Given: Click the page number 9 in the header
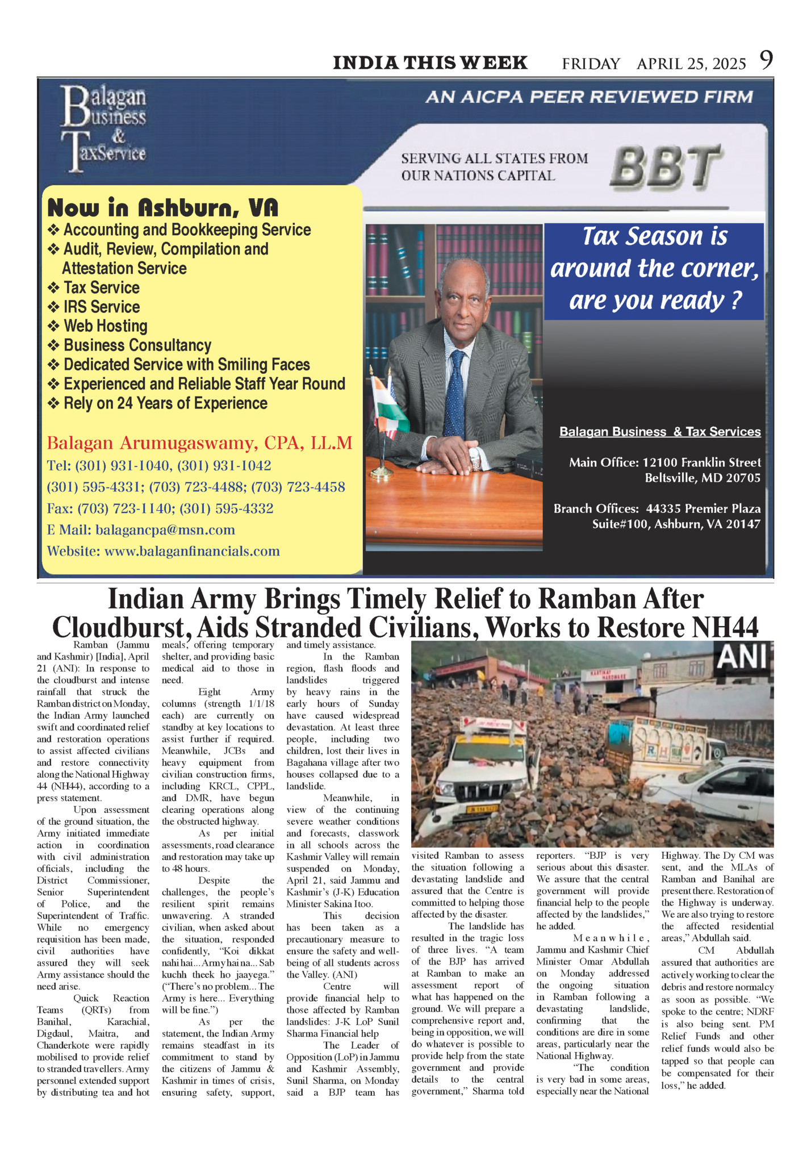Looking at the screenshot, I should [x=766, y=60].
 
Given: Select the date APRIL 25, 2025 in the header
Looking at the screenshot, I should [x=691, y=64].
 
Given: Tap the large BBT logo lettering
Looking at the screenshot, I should [x=666, y=167].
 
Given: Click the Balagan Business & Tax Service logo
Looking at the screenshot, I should [x=103, y=128].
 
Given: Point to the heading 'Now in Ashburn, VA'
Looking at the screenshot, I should [x=163, y=208].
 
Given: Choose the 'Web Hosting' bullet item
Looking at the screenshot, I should [x=105, y=326].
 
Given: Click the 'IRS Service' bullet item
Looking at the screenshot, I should [x=101, y=307].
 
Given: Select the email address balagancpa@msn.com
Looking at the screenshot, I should [x=165, y=530].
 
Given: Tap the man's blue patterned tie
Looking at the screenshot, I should [x=455, y=392].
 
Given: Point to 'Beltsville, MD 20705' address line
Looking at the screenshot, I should [x=702, y=478].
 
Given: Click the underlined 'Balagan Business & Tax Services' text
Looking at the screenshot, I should [x=660, y=432].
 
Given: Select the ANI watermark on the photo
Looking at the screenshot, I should [x=743, y=657].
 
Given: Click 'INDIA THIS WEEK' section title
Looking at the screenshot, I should [x=430, y=62].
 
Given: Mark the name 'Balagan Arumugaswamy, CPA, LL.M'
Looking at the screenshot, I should [x=199, y=443].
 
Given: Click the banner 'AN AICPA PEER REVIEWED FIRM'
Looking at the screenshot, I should [x=589, y=97].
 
